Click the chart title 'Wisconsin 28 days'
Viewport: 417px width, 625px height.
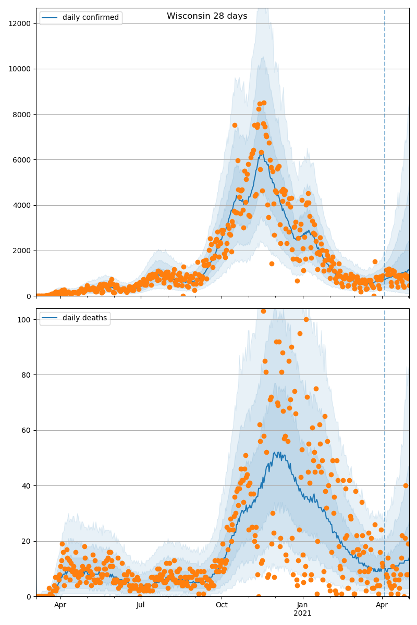coord(207,16)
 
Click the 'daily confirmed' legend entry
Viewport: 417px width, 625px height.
coord(90,18)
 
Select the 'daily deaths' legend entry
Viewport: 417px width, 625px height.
coord(84,318)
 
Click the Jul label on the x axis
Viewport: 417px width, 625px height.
coord(141,605)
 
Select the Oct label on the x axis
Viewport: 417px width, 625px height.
coord(222,605)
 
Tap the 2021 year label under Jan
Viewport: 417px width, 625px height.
coord(302,614)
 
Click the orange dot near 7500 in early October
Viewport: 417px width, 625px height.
coord(235,125)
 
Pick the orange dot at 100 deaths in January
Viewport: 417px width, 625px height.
coord(306,319)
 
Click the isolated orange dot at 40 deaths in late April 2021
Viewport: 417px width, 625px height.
coord(406,485)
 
